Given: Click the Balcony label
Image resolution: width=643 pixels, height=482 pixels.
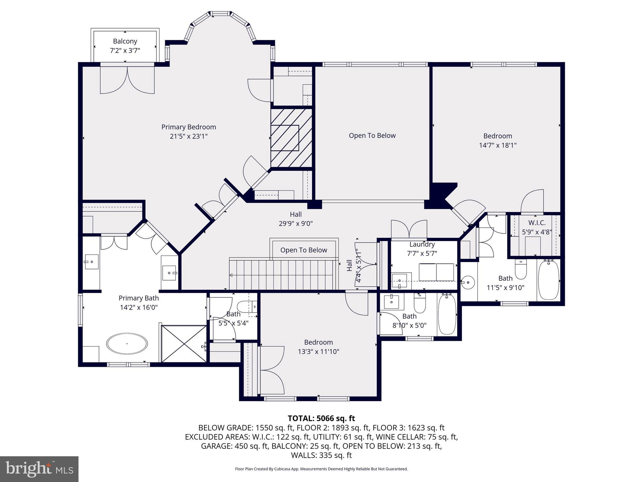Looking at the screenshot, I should [125, 41].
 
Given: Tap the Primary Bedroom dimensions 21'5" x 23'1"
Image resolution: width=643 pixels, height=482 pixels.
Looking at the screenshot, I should [189, 136].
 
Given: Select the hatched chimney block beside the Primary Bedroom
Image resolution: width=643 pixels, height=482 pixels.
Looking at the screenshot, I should [291, 138].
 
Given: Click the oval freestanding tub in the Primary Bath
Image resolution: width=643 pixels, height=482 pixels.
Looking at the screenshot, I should [127, 343].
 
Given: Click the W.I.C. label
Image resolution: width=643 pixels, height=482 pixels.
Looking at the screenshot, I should [537, 223].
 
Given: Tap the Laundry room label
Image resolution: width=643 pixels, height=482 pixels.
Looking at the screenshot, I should [422, 244].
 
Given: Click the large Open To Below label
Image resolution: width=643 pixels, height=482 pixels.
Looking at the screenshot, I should [372, 136].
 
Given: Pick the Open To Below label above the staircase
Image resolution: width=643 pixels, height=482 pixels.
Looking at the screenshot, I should [304, 250].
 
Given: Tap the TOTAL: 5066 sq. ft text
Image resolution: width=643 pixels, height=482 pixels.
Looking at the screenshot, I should [321, 418].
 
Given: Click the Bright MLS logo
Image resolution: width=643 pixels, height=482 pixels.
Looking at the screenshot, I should [39, 469].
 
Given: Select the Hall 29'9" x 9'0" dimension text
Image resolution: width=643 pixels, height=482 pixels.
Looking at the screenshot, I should [296, 223].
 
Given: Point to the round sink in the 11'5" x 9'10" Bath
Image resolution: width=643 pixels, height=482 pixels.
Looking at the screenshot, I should [468, 282].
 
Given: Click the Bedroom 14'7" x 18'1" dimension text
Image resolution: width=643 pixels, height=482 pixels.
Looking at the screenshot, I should [498, 145].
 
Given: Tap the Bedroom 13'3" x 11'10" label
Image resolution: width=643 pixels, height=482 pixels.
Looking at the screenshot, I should [318, 342].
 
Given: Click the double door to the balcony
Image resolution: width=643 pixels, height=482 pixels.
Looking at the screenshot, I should [127, 80].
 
